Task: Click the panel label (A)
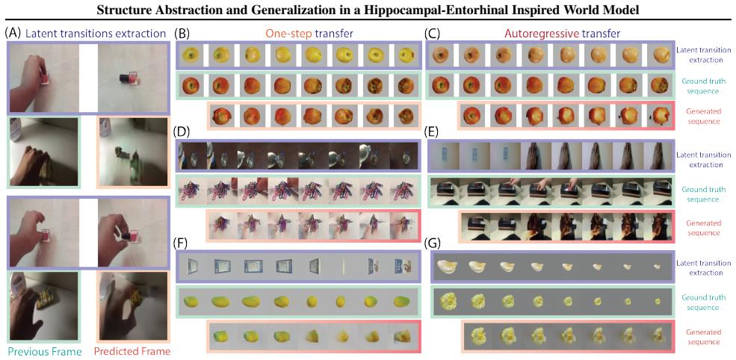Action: (12, 34)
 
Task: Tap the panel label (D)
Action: (182, 131)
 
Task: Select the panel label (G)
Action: (432, 243)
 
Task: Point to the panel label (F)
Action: (182, 243)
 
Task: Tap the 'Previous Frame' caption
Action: (44, 352)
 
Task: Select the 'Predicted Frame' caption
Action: (132, 352)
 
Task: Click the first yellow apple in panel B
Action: (191, 55)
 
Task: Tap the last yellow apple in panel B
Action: (406, 55)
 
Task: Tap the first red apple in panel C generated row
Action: (474, 115)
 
